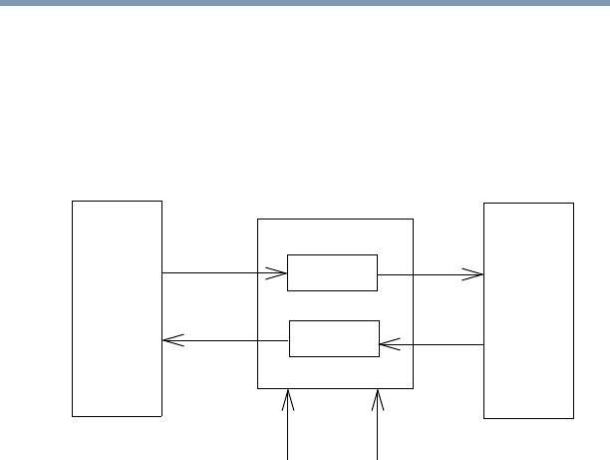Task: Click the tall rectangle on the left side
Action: [x=117, y=307]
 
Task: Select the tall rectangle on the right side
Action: [x=528, y=309]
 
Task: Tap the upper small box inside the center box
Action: [x=332, y=272]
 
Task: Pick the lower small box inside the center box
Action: [x=334, y=338]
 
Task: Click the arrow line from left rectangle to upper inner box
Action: [x=219, y=271]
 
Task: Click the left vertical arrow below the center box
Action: [x=289, y=429]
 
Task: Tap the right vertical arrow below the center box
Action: [x=378, y=429]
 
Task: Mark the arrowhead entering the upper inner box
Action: [x=280, y=271]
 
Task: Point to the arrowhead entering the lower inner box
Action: [x=388, y=345]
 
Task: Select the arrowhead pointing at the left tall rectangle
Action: [x=170, y=340]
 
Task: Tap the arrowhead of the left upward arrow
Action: [x=289, y=397]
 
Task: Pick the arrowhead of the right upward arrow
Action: [x=378, y=397]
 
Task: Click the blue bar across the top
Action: [x=305, y=3]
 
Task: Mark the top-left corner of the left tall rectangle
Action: [x=73, y=202]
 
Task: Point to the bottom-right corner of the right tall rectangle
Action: [x=573, y=418]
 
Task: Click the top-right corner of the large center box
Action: [x=413, y=220]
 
